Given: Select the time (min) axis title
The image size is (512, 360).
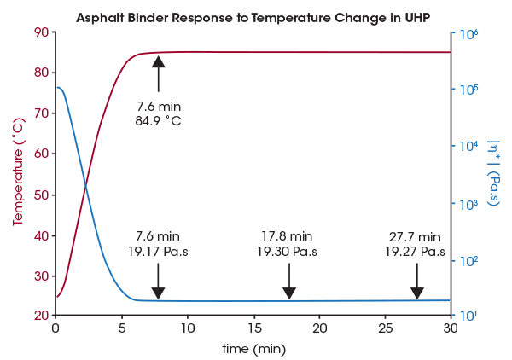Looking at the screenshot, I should [253, 348].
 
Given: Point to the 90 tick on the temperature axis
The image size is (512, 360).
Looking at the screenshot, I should [40, 32].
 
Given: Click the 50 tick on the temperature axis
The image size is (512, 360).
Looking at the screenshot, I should [40, 195].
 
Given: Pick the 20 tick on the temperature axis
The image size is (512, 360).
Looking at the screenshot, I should [40, 316].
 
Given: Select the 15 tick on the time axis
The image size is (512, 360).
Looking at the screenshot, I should [253, 328].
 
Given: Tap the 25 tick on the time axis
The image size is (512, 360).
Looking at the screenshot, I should [386, 328].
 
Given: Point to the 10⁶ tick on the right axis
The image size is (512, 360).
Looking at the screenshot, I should [468, 34].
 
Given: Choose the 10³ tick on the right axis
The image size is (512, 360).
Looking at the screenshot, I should [468, 204].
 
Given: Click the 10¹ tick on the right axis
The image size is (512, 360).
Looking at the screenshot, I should [468, 316].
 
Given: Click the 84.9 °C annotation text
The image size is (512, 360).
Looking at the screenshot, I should [158, 120].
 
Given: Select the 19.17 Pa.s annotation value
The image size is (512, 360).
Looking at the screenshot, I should [158, 252].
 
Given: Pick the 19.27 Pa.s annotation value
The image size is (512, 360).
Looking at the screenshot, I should [415, 252].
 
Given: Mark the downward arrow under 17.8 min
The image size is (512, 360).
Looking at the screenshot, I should [288, 281].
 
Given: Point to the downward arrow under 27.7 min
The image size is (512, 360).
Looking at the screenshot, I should [416, 281].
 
